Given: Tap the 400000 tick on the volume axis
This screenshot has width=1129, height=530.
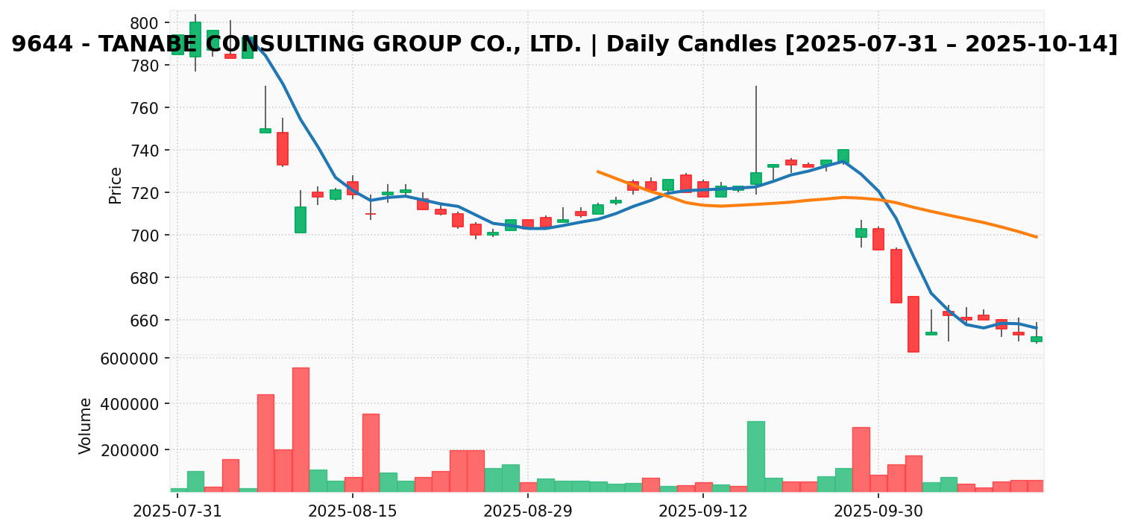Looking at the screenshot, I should point(135,404).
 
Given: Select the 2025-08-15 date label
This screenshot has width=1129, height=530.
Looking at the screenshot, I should point(352,511).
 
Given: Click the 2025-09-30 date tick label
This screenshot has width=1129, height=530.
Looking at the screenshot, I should point(878,511).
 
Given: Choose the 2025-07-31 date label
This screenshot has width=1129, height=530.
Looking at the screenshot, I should point(177,511).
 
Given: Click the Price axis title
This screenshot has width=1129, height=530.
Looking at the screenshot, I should point(116,185).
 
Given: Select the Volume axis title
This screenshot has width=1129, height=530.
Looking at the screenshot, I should point(86,426).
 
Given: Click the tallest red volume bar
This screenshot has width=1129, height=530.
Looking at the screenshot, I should point(301,429).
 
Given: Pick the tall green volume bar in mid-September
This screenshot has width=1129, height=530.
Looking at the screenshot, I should point(755,456).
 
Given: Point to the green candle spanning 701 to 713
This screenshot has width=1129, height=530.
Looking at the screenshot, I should point(301,220).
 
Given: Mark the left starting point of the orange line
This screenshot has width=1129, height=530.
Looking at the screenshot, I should point(597,171).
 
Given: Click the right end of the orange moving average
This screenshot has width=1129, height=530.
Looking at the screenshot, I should point(1037,237).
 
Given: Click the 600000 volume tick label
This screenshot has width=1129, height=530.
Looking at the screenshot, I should point(135,359).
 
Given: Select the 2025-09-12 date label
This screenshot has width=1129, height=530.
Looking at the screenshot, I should point(702,511).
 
